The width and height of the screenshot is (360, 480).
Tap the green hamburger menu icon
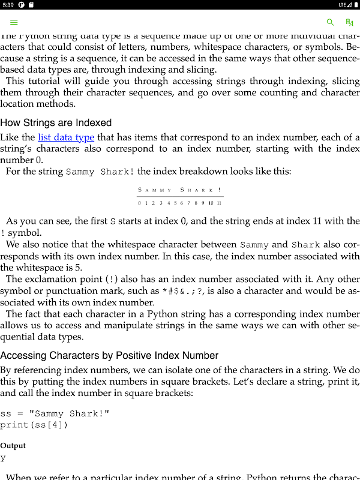(14, 22)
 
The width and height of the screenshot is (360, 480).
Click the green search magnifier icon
(330, 22)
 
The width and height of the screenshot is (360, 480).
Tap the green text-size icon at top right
(349, 22)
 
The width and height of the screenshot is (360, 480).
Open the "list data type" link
(66, 137)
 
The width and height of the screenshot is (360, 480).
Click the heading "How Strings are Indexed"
(56, 123)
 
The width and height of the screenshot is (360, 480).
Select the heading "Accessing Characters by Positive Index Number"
(109, 355)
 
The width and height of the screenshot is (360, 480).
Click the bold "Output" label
(13, 446)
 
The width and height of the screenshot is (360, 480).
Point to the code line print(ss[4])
(34, 425)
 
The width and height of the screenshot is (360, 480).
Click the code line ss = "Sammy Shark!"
(55, 413)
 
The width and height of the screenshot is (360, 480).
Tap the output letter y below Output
(3, 458)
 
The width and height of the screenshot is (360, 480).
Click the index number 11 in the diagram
(219, 203)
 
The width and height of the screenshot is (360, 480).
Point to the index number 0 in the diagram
(139, 203)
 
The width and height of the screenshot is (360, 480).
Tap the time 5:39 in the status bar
(8, 5)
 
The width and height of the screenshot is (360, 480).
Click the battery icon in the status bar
(355, 5)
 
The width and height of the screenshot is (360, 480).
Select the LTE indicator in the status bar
(341, 5)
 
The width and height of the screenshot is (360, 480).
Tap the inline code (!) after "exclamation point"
(112, 280)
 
